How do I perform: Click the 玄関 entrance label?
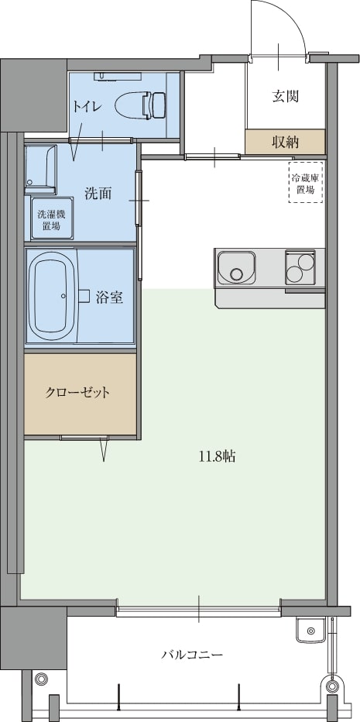pyautogui.click(x=286, y=96)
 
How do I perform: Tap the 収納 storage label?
pyautogui.click(x=285, y=143)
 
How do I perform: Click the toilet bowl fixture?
pyautogui.click(x=141, y=104)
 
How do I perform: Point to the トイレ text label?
pyautogui.click(x=86, y=106)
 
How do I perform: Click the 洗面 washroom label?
pyautogui.click(x=98, y=194)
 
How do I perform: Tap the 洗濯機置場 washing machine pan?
pyautogui.click(x=52, y=218)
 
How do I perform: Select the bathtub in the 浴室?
pyautogui.click(x=53, y=295)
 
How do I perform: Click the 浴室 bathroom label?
pyautogui.click(x=109, y=297)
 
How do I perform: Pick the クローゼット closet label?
pyautogui.click(x=77, y=393)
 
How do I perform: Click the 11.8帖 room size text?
pyautogui.click(x=218, y=457)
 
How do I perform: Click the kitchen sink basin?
pyautogui.click(x=236, y=267)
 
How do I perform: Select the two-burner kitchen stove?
pyautogui.click(x=300, y=266)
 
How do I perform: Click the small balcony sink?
pyautogui.click(x=311, y=630)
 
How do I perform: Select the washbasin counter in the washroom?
pyautogui.click(x=40, y=170)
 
